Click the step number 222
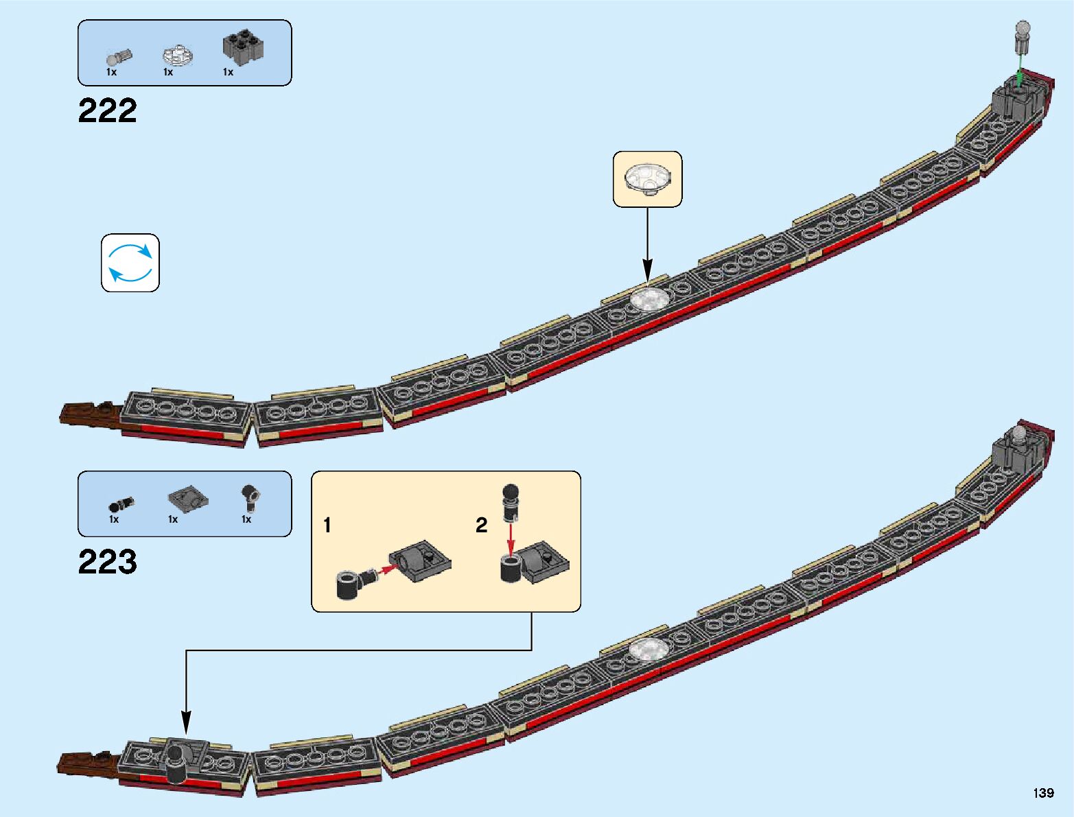(x=108, y=110)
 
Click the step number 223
(x=108, y=562)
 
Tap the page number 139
(x=1043, y=793)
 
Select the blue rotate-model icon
(x=130, y=263)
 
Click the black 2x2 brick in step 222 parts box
(x=244, y=48)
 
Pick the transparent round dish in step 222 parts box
(x=178, y=54)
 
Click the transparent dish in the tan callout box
(x=646, y=178)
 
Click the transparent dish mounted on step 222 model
(x=649, y=300)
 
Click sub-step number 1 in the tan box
(x=327, y=525)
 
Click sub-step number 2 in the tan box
(x=481, y=525)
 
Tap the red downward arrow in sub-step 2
(x=511, y=536)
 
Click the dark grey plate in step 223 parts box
(x=186, y=498)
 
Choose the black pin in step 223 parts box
(x=121, y=505)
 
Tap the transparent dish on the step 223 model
(x=647, y=648)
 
